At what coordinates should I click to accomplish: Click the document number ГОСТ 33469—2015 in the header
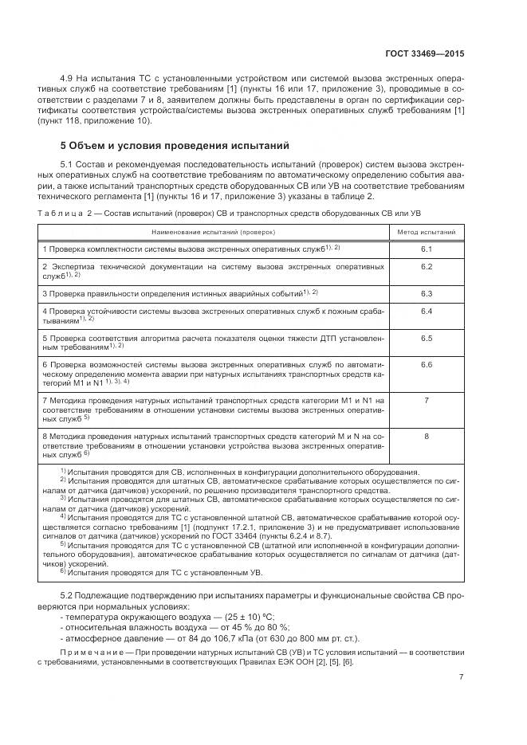point(425,53)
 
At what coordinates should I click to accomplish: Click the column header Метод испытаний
point(427,232)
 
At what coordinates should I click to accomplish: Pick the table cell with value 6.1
point(427,249)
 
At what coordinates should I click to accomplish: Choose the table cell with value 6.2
point(427,266)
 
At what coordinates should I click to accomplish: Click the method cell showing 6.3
point(427,293)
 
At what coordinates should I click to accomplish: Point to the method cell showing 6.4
point(427,311)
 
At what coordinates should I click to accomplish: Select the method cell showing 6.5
point(427,338)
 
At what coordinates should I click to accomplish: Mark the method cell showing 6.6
point(427,364)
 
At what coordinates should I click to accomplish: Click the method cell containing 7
point(427,400)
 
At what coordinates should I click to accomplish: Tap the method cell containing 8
point(427,436)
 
